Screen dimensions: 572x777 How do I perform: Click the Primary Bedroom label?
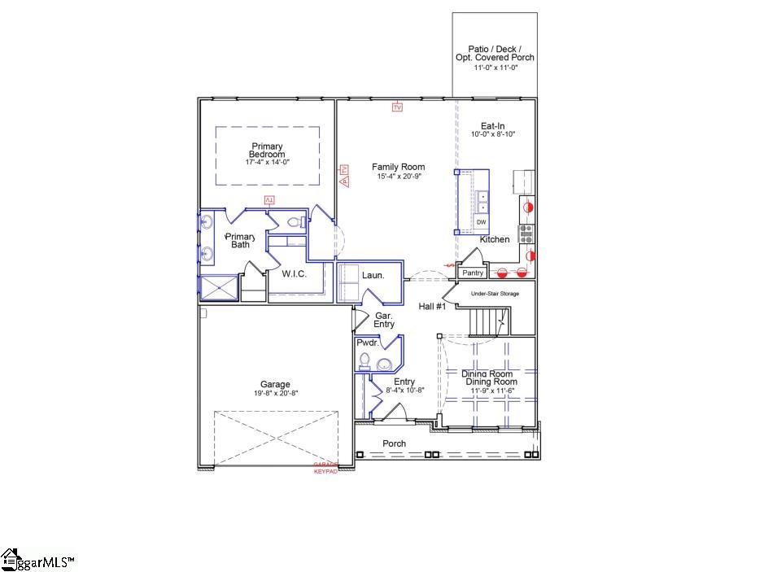[267, 151]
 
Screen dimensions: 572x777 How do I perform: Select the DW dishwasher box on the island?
[482, 222]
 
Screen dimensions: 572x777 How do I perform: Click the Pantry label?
[473, 273]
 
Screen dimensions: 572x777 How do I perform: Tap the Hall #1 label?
[432, 307]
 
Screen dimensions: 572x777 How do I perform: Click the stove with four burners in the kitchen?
[526, 234]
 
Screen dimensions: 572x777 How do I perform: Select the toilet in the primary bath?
[295, 221]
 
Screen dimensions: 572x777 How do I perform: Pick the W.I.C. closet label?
[294, 274]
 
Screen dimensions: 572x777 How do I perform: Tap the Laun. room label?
[373, 276]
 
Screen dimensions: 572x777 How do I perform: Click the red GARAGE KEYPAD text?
[325, 468]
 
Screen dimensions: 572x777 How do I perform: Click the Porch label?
[395, 443]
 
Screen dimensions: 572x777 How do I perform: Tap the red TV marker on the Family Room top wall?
[397, 107]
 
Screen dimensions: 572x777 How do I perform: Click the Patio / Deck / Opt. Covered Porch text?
[495, 53]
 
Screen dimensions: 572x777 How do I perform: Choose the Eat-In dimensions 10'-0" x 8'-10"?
[493, 134]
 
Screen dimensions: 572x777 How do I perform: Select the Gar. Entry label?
[384, 320]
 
